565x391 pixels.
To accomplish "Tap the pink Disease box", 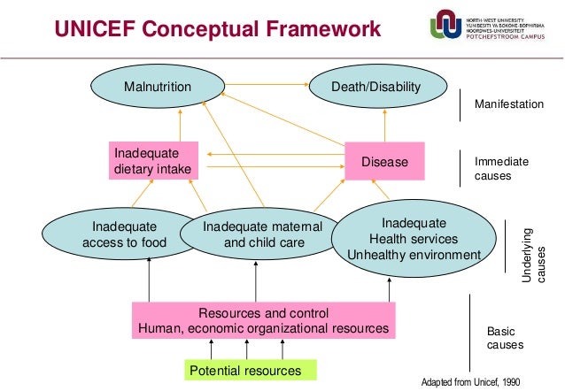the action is coord(385,162).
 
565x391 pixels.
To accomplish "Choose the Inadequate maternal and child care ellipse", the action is coord(252,234).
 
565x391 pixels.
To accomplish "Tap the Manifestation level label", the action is coord(509,104).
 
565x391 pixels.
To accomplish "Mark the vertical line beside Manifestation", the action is coord(461,104).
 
